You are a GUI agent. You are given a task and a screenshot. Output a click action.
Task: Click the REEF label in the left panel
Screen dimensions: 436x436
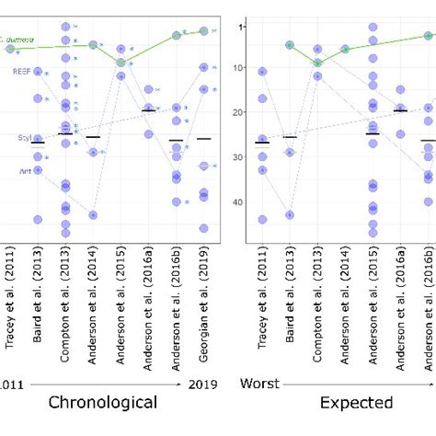(x=23, y=71)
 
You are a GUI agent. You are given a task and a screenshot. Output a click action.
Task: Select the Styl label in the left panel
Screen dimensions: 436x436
(x=25, y=137)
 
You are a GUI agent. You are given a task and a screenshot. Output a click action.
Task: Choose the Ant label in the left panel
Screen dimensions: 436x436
(x=27, y=171)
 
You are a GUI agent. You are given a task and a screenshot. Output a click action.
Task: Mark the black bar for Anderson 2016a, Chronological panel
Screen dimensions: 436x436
(x=148, y=110)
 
